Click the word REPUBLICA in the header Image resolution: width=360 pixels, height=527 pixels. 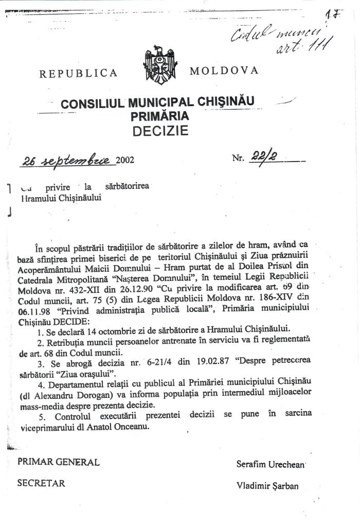(78, 73)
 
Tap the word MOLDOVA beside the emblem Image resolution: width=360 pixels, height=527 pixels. (224, 71)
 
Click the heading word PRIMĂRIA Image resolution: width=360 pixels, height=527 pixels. (160, 116)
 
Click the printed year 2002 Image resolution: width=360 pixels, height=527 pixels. (125, 160)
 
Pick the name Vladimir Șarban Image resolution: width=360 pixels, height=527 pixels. (267, 485)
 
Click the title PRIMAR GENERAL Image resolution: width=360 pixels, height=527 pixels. (59, 462)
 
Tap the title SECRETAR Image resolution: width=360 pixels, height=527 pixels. (41, 483)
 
